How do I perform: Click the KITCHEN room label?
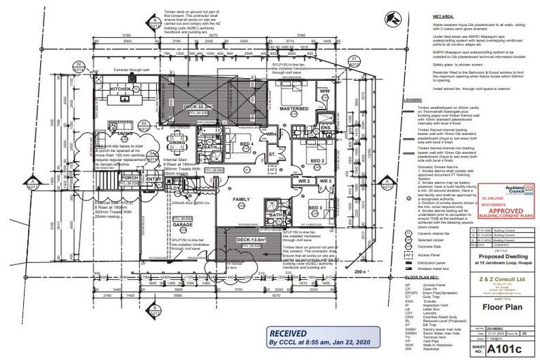pos(120,90)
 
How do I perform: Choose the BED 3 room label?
pos(314,209)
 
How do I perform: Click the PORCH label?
pos(129,178)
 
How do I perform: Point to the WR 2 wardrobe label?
pos(304,181)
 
